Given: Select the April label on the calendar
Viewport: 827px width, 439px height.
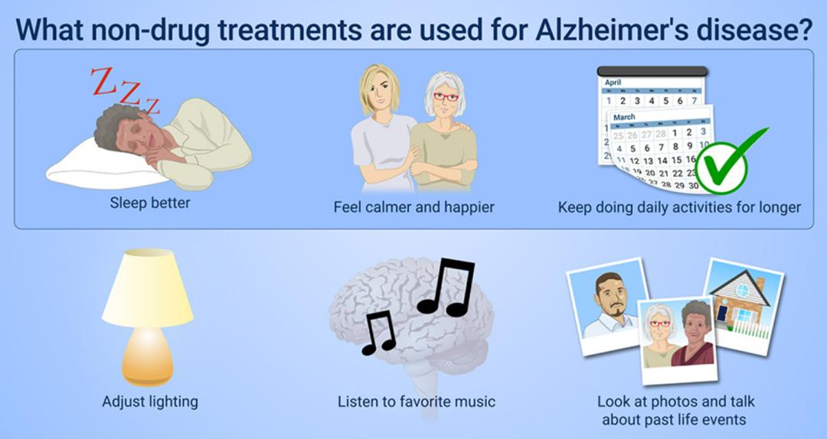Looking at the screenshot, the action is (x=613, y=82).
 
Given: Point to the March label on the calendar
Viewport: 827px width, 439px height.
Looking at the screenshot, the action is (x=625, y=117).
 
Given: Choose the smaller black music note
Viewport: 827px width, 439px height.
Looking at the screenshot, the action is (x=379, y=332).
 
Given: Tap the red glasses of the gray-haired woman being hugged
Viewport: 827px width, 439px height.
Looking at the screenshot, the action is (x=446, y=97).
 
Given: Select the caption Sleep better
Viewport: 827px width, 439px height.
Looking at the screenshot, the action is (x=150, y=203).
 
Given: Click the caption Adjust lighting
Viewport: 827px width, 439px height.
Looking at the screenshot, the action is (x=150, y=402).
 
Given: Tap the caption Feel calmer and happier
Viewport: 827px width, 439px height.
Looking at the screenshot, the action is (x=414, y=207).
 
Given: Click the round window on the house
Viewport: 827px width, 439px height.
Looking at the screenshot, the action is (x=742, y=290).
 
